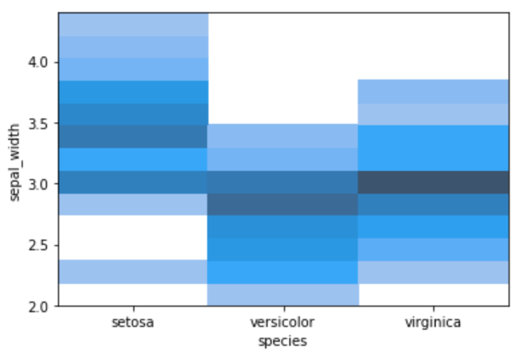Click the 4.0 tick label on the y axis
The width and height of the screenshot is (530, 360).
[38, 63]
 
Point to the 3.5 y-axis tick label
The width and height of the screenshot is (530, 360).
[38, 124]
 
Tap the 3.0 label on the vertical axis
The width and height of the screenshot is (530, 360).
[38, 184]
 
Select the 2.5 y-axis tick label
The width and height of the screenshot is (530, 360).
[38, 246]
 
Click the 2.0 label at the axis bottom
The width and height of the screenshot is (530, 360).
[38, 307]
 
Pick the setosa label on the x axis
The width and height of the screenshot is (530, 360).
[133, 322]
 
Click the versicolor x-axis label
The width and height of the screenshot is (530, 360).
[282, 322]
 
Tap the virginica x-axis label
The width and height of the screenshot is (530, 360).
[433, 322]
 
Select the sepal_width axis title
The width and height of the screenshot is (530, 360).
[15, 162]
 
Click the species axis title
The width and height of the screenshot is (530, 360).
[282, 341]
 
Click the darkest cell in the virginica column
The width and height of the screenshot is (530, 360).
[434, 182]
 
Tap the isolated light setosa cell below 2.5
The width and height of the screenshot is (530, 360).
[133, 272]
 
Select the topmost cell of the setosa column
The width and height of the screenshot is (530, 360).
[133, 24]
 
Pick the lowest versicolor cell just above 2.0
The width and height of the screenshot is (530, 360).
[283, 295]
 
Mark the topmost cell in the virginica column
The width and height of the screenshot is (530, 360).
[434, 92]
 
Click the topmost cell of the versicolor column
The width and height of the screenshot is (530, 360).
[282, 136]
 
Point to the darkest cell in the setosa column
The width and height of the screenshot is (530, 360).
[133, 137]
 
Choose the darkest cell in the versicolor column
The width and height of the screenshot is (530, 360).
[282, 205]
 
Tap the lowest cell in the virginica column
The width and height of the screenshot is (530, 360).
[434, 273]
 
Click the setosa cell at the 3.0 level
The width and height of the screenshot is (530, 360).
[133, 182]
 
